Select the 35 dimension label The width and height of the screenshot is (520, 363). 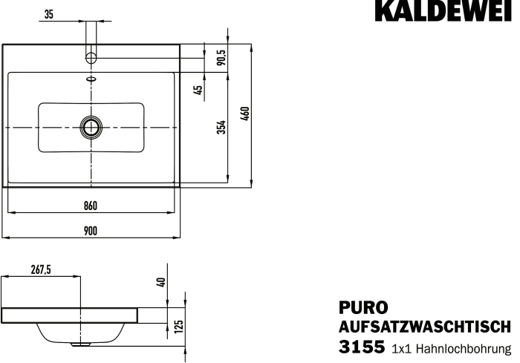(x=48, y=15)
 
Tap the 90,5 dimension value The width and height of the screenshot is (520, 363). (x=221, y=57)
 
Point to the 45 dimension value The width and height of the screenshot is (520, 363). (x=198, y=90)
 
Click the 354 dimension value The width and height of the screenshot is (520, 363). (x=221, y=127)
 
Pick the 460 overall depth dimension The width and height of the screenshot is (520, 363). (x=245, y=114)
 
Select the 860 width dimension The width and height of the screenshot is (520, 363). (x=91, y=206)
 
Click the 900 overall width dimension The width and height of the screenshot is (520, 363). (x=91, y=231)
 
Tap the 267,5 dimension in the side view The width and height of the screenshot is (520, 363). (x=41, y=270)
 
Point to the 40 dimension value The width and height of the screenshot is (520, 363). (x=161, y=282)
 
